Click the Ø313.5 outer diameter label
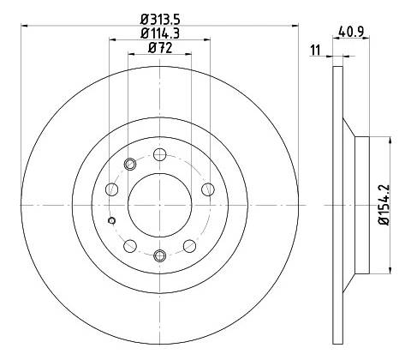pyautogui.click(x=160, y=20)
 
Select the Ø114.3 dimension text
pyautogui.click(x=160, y=34)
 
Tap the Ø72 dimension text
pyautogui.click(x=160, y=48)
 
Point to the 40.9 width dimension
pyautogui.click(x=351, y=32)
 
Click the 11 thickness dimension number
pyautogui.click(x=315, y=51)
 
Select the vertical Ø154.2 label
pyautogui.click(x=384, y=205)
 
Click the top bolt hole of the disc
pyautogui.click(x=160, y=154)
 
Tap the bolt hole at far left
pyautogui.click(x=112, y=189)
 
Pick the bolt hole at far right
pyautogui.click(x=208, y=189)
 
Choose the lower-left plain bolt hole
pyautogui.click(x=130, y=246)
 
